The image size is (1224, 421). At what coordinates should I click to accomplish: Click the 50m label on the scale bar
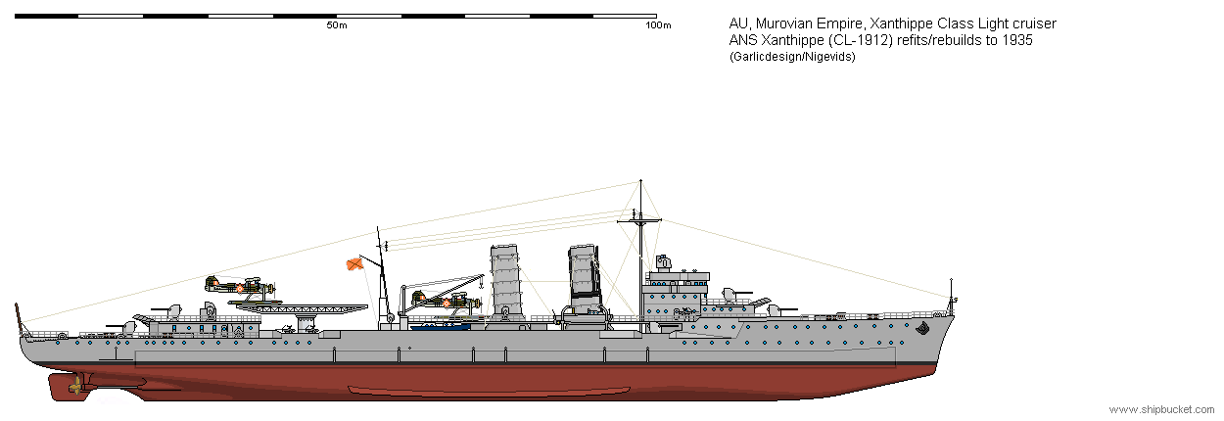coord(337,25)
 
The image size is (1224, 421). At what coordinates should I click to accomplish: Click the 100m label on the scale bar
coord(658,25)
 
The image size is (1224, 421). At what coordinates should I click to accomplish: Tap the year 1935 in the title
coord(1017,40)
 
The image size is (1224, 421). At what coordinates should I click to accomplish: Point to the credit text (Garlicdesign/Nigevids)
coord(792,57)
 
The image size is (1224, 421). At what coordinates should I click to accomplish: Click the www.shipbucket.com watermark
coord(1161,409)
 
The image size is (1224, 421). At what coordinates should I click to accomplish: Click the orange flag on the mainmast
coord(355,264)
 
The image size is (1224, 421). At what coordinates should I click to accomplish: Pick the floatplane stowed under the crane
coord(447,302)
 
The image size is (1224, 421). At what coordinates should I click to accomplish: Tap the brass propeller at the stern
coord(75,387)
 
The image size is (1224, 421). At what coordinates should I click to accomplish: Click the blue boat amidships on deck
coord(440,327)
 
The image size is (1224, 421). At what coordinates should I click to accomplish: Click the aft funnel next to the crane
coord(504,280)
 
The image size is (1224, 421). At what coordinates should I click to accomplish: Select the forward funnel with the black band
coord(586,279)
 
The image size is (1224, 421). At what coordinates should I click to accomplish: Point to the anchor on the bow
coord(922,328)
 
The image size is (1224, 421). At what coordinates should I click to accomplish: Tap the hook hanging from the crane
coord(481,285)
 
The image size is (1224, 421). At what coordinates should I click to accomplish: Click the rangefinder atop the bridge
coord(663,263)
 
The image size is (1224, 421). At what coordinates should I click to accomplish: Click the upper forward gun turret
coord(735,295)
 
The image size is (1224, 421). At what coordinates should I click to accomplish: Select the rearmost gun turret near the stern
coord(122,327)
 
